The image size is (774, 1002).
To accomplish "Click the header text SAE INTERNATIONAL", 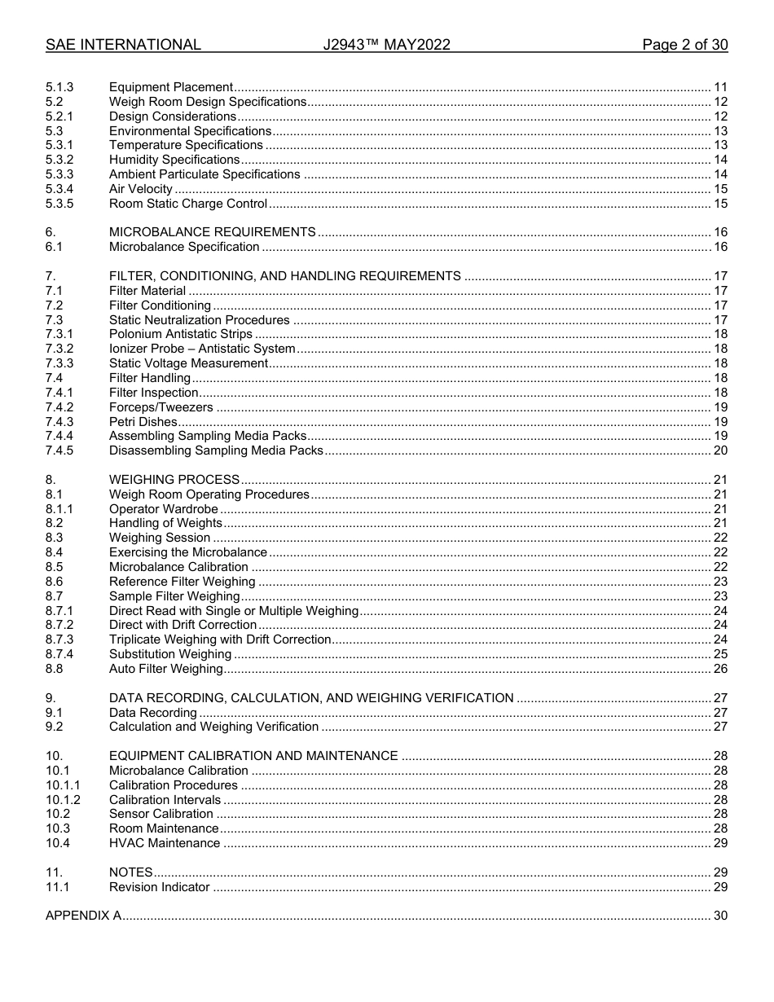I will click(x=123, y=45).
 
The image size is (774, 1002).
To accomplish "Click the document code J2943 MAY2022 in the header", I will click(x=386, y=45).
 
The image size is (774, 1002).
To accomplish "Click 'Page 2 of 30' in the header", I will click(x=684, y=45).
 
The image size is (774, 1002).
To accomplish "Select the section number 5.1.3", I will click(x=59, y=87).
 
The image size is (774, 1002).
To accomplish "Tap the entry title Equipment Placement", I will click(x=171, y=87).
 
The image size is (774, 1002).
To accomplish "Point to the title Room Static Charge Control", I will click(x=188, y=204).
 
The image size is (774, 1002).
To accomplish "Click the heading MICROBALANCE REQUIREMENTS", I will click(x=212, y=232).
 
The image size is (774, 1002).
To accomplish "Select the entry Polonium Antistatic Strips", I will click(x=181, y=334).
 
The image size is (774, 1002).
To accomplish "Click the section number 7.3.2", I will click(x=59, y=349).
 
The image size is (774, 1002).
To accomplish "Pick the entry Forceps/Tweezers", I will click(x=161, y=407).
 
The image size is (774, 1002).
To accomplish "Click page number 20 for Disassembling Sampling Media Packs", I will click(x=720, y=450).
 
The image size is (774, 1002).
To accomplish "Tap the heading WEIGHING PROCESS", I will click(x=174, y=480).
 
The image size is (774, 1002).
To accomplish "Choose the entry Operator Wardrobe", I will click(x=164, y=509).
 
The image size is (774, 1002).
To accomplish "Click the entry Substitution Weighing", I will click(x=170, y=654).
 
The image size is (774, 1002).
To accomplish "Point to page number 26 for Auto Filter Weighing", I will click(x=720, y=669).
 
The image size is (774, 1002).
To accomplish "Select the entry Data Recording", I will click(x=153, y=713).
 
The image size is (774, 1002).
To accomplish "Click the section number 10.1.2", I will click(x=63, y=800).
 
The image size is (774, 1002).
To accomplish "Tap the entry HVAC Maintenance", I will click(x=165, y=843).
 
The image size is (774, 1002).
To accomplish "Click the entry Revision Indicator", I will click(x=160, y=887).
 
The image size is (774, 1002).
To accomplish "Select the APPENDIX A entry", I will click(x=83, y=916).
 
